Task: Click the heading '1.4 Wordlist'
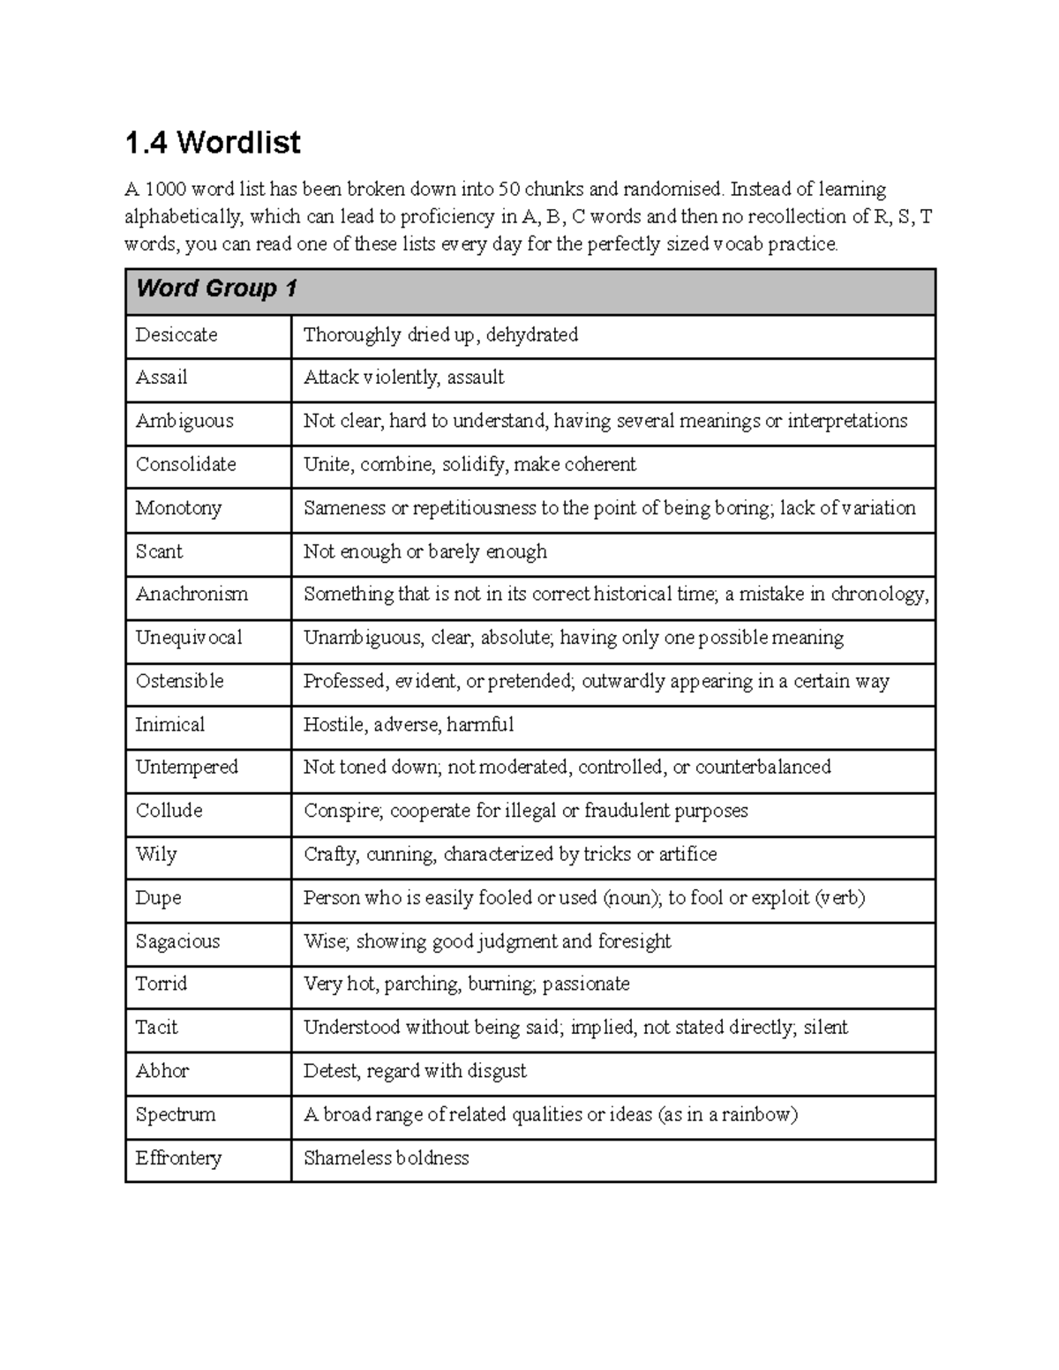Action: (x=213, y=142)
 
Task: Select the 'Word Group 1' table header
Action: (x=216, y=288)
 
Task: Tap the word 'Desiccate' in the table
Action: (x=176, y=334)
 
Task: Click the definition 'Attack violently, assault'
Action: (x=403, y=378)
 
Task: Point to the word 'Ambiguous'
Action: (x=184, y=421)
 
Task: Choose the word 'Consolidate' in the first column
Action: (x=186, y=464)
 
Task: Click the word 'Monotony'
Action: (x=178, y=508)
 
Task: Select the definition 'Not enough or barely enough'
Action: (x=424, y=551)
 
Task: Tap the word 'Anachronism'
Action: (x=192, y=594)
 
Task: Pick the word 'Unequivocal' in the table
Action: (x=189, y=638)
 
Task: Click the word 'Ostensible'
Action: (x=179, y=681)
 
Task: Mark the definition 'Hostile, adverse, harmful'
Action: (x=408, y=724)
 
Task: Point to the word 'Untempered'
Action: (x=187, y=767)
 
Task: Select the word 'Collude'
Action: (x=169, y=811)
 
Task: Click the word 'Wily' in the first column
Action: (x=156, y=854)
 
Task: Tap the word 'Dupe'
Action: (x=158, y=898)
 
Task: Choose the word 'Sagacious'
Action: (x=177, y=941)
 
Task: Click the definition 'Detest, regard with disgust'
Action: (x=415, y=1071)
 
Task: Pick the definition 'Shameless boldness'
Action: (x=386, y=1158)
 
